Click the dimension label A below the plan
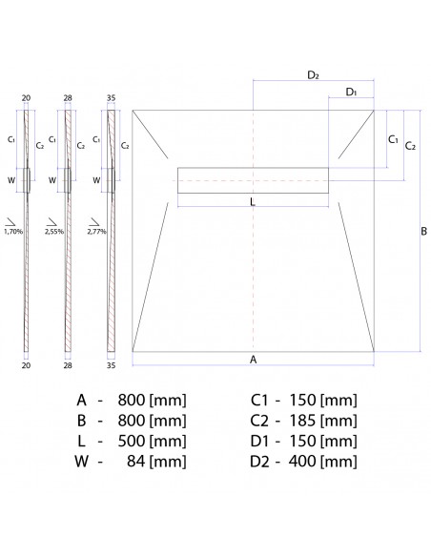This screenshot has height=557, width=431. point(253,360)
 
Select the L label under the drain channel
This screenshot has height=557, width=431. point(252,202)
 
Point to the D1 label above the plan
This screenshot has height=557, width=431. point(351,92)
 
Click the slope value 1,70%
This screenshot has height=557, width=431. point(13,231)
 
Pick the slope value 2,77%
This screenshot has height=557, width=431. point(96,231)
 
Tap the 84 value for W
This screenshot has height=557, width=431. point(136,463)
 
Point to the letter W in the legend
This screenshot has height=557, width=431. point(81,463)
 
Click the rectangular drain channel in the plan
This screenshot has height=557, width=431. point(253,178)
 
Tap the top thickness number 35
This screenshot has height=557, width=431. point(112,97)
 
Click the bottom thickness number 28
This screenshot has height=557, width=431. point(68,363)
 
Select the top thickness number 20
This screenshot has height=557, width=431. point(26,97)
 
